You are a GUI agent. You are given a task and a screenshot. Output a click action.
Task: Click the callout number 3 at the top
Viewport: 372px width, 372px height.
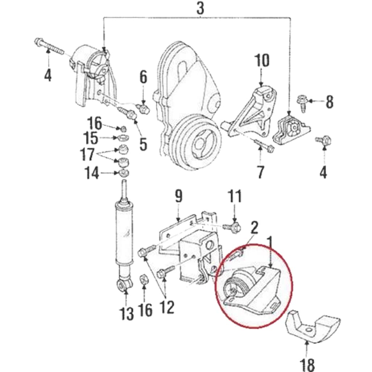[200, 8]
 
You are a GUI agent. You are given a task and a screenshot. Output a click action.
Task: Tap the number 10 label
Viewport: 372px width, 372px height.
[262, 61]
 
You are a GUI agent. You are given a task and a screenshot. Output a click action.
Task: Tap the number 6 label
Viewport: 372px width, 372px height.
[144, 77]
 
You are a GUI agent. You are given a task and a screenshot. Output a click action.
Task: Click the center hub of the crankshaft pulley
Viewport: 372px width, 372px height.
[200, 142]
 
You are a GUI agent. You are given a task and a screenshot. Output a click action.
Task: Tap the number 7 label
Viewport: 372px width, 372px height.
[260, 171]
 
